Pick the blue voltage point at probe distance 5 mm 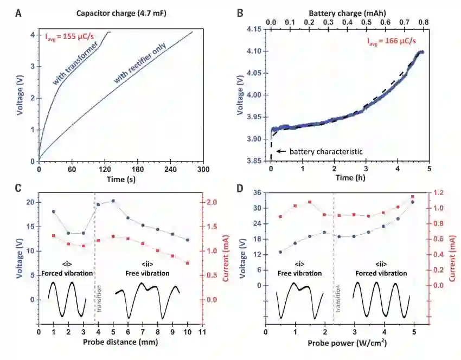[x=113, y=201]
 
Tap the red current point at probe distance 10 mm [x=187, y=263]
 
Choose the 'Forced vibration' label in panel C [x=67, y=273]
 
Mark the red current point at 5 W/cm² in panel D [x=413, y=197]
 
